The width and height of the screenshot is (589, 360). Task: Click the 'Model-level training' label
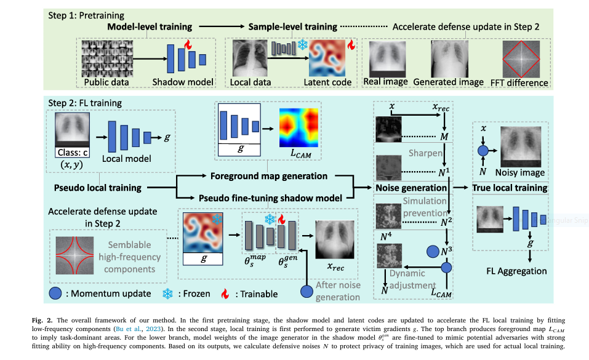click(150, 27)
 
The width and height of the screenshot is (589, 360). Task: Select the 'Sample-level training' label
click(292, 27)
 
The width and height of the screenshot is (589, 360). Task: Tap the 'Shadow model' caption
click(183, 82)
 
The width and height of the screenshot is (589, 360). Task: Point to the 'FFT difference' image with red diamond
click(524, 60)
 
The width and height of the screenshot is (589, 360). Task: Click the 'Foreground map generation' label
click(268, 176)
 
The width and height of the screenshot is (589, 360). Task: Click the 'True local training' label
click(510, 187)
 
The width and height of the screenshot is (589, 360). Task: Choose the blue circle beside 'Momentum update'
click(55, 294)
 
